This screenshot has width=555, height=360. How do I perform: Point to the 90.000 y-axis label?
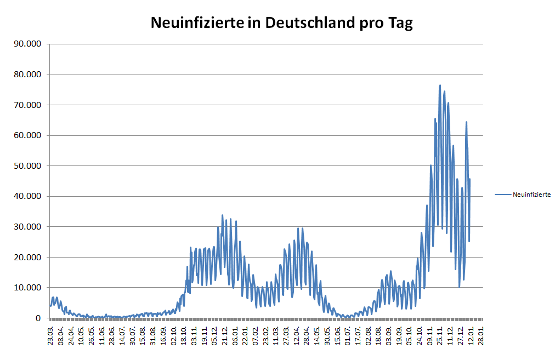27,44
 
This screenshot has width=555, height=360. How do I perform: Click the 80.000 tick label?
27,75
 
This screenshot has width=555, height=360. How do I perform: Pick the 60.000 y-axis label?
27,135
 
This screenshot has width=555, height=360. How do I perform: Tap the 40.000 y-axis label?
27,196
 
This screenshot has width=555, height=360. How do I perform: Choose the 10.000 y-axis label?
27,288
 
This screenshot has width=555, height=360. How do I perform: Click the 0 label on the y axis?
38,318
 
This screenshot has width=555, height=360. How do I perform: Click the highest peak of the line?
440,85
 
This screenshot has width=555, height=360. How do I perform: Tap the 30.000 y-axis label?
27,227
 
